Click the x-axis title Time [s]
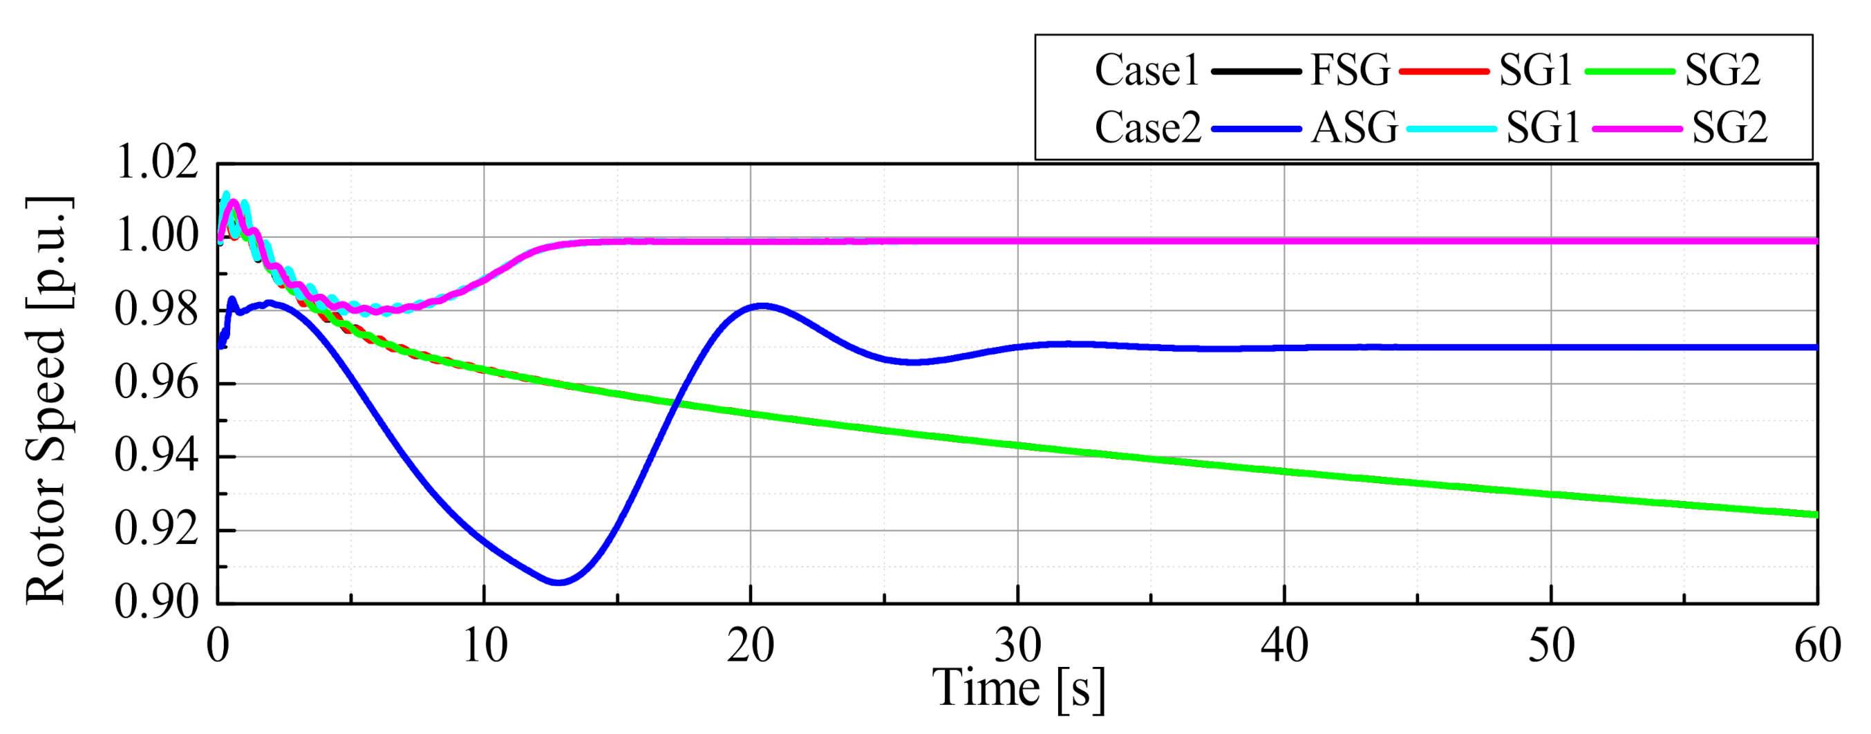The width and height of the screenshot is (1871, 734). pos(1018,688)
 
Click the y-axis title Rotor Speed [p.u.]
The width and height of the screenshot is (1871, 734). pos(48,399)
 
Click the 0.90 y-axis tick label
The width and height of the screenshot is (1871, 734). pos(157,602)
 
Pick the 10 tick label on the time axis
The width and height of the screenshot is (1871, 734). pos(485,646)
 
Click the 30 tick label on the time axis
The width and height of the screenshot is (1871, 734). pos(1017,646)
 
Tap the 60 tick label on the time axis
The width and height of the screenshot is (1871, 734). pos(1817,646)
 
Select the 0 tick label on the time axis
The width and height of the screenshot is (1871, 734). pos(218,646)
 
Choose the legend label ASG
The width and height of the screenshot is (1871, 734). pos(1355,128)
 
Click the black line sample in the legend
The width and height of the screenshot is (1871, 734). pos(1256,71)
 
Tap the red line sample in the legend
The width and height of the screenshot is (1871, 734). pos(1444,71)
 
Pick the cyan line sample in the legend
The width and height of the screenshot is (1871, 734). pos(1451,129)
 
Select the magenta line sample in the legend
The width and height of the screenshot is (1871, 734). pos(1637,129)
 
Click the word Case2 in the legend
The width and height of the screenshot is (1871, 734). pos(1147,128)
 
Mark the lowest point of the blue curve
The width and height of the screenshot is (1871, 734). pos(558,581)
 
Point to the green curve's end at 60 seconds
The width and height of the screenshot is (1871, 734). pos(1816,515)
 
